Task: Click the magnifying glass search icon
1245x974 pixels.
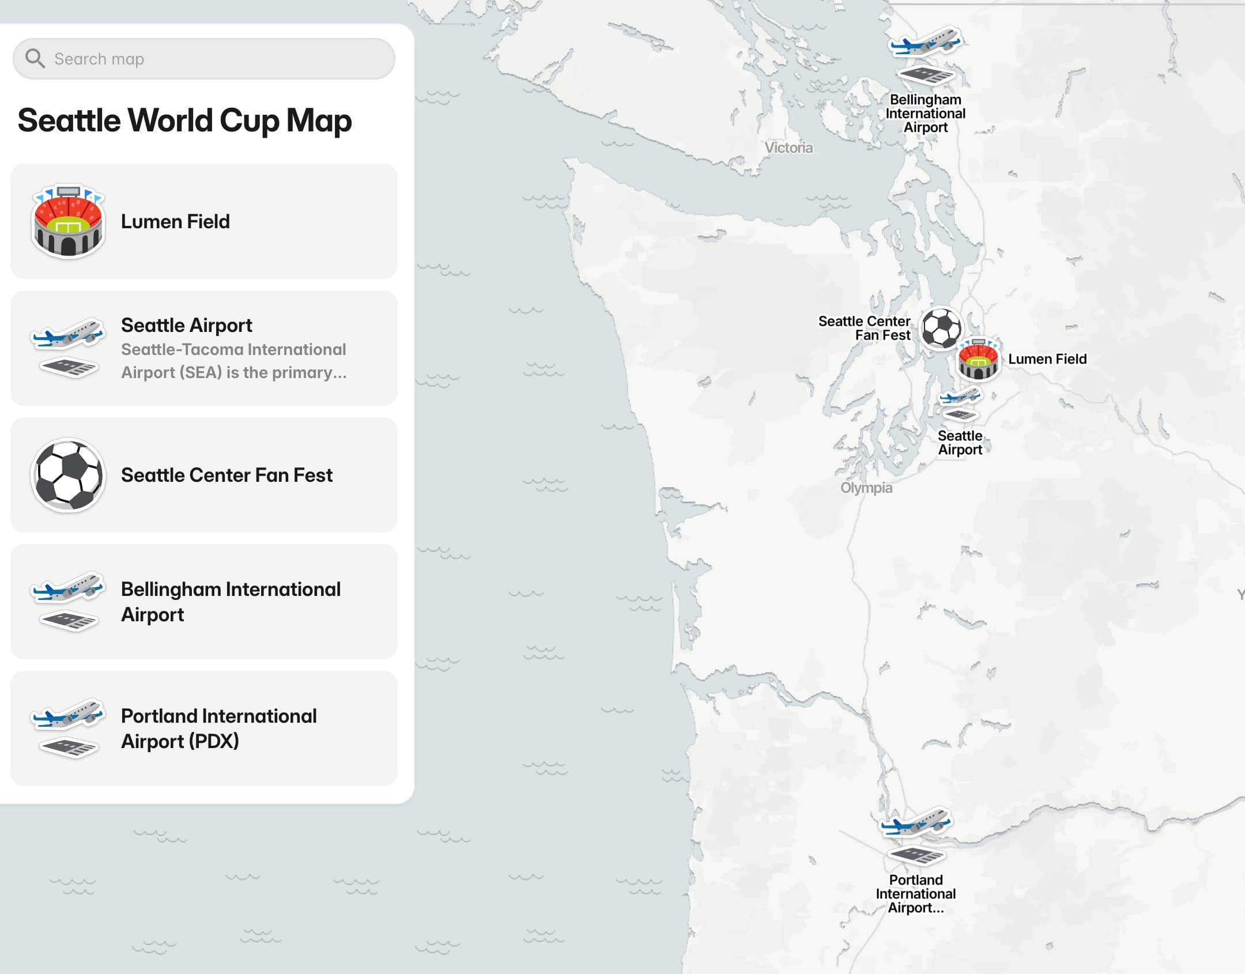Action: coord(35,58)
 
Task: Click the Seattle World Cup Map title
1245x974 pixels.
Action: coord(184,120)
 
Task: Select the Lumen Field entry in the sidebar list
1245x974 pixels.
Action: coord(175,221)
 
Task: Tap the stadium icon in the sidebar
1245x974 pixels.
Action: coord(68,221)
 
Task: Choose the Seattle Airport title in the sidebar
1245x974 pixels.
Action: coord(186,325)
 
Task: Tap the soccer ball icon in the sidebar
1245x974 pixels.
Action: coord(68,475)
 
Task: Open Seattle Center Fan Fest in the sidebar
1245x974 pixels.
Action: coord(227,475)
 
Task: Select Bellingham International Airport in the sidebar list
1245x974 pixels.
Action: coord(231,602)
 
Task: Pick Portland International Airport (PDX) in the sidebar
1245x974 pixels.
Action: coord(219,728)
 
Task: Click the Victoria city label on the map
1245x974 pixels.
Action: coord(788,148)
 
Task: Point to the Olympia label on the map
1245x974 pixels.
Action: coord(866,488)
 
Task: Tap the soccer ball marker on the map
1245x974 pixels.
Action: coord(941,329)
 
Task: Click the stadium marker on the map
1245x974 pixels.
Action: coord(978,360)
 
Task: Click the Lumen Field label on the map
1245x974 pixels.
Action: coord(1047,359)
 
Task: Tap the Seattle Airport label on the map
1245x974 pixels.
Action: coord(960,443)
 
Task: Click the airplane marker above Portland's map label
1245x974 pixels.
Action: coord(915,823)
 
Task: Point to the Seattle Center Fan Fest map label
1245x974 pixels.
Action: coord(865,328)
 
